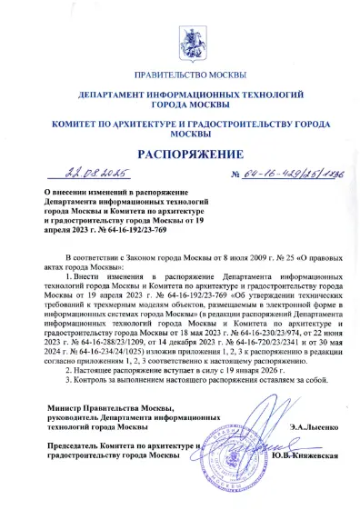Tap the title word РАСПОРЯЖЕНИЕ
click(179, 152)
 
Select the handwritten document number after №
click(269, 173)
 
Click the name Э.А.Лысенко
click(285, 426)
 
